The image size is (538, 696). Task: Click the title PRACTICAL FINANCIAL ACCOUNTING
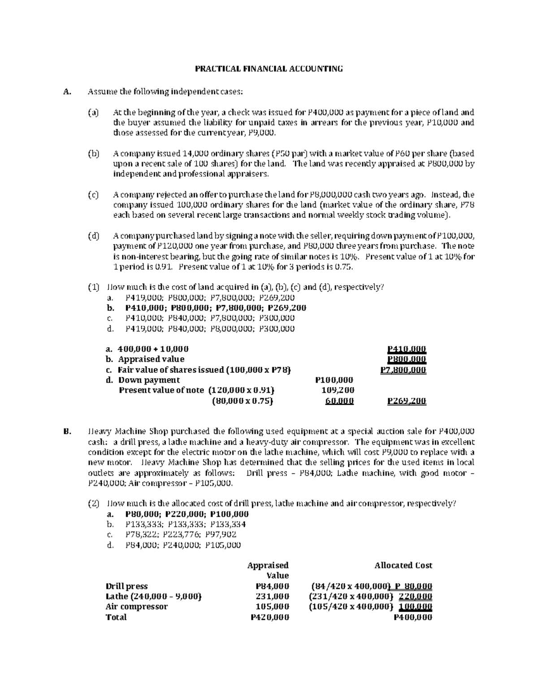point(269,69)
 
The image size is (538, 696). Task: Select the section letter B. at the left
point(67,432)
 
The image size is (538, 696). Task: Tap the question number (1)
point(93,287)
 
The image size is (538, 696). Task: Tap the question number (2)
point(93,504)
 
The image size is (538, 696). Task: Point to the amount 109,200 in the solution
point(338,390)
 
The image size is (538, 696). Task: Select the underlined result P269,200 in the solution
point(407,401)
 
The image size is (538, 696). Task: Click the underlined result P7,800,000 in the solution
point(403,370)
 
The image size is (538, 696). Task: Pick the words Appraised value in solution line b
point(151,359)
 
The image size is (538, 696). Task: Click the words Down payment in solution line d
point(149,380)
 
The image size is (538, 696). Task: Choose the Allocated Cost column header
point(403,566)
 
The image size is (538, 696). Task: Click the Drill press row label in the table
point(126,586)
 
